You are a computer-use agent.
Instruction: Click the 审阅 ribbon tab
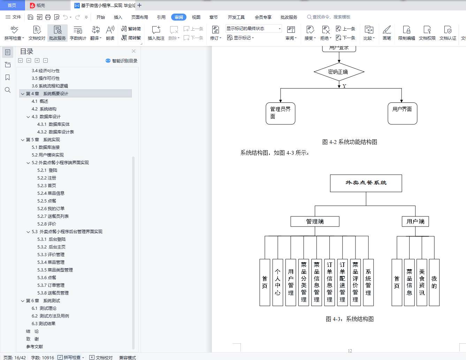coord(178,17)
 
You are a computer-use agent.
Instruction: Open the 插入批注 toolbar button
coord(156,33)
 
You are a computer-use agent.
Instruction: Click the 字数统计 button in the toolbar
coord(78,33)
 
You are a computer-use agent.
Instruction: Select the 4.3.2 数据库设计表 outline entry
coord(56,132)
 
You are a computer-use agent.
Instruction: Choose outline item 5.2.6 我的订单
coord(51,209)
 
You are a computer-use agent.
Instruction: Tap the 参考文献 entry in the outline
coord(35,347)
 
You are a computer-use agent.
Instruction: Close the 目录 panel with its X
coord(133,51)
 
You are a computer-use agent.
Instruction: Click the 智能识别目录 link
coord(122,61)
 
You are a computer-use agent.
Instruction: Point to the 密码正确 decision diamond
coord(339,72)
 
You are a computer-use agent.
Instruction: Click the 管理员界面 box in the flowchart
coord(281,113)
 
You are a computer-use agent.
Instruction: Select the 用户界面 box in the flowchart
coord(402,113)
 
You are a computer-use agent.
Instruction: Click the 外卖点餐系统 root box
coord(366,183)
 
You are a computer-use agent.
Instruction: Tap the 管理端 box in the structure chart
coord(315,222)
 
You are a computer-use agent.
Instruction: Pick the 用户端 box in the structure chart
coord(415,222)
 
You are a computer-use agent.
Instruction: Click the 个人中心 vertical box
coord(278,282)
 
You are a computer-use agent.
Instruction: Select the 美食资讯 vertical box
coord(422,282)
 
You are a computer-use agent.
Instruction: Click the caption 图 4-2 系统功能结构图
coord(350,142)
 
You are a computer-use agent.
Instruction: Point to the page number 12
coord(350,351)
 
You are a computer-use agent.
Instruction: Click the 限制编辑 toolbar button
coord(406,33)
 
